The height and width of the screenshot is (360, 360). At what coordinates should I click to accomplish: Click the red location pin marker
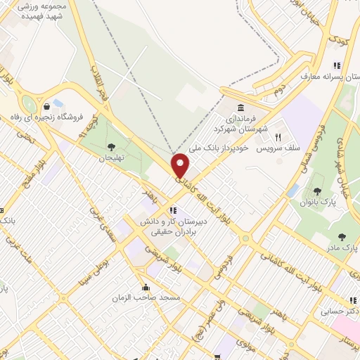coord(181,165)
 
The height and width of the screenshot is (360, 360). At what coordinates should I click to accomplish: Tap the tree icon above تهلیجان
coord(111,147)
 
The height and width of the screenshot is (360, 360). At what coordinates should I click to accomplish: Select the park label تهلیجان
coord(110,157)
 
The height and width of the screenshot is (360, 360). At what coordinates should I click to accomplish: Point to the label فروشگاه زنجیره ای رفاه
coord(46,116)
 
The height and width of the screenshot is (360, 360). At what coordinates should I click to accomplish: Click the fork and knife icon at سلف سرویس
coord(278,136)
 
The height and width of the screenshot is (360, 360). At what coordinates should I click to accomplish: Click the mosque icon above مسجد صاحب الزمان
coord(146,287)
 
